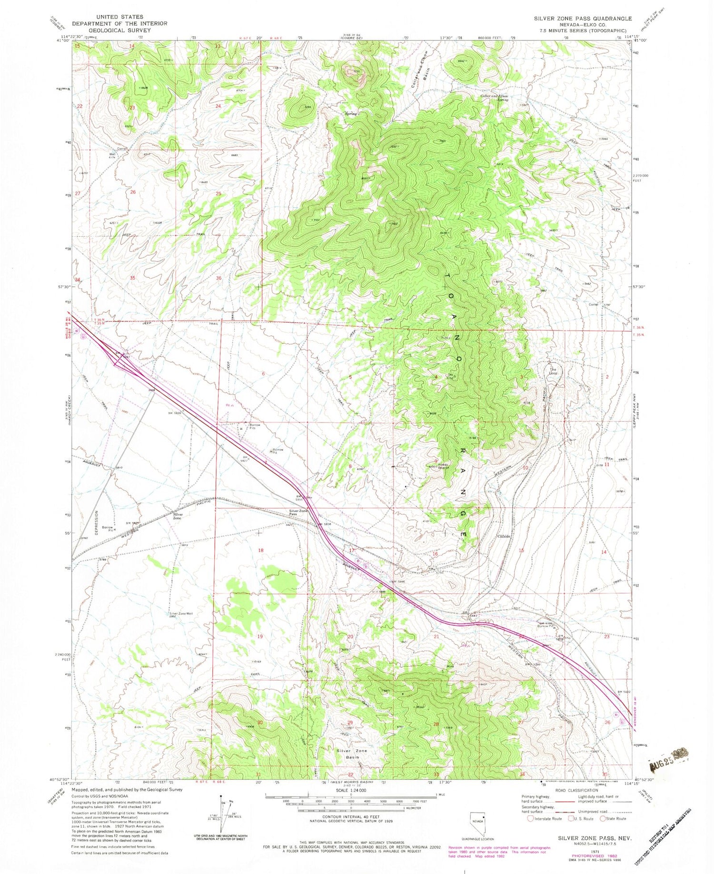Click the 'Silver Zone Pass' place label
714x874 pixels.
tap(298, 512)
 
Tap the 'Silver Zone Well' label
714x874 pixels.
tap(182, 614)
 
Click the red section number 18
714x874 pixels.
tap(260, 550)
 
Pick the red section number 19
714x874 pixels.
tap(260, 636)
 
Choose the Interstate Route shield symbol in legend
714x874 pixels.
tap(530, 819)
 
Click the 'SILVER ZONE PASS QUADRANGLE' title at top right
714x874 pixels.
tap(583, 18)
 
